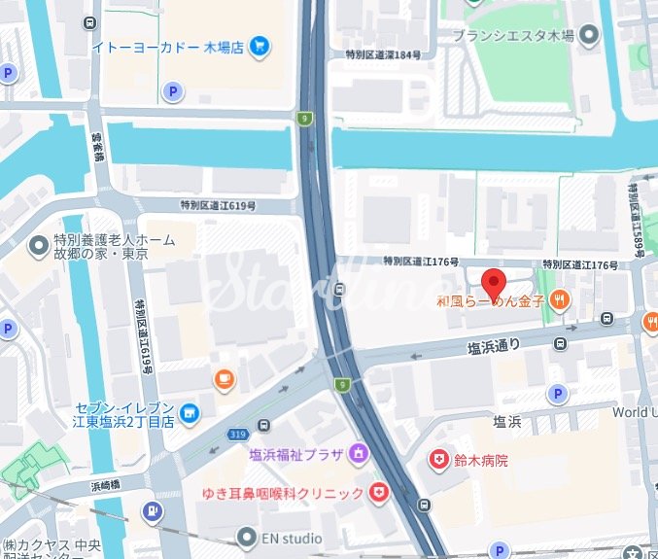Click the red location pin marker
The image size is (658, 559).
point(494,284)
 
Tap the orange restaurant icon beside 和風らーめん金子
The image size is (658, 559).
point(558,302)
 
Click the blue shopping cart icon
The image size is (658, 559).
point(259,45)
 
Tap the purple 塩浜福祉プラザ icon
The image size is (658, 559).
point(358,451)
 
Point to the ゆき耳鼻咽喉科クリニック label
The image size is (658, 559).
point(282,494)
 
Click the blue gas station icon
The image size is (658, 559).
point(153,510)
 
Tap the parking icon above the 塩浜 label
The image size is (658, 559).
point(557,394)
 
